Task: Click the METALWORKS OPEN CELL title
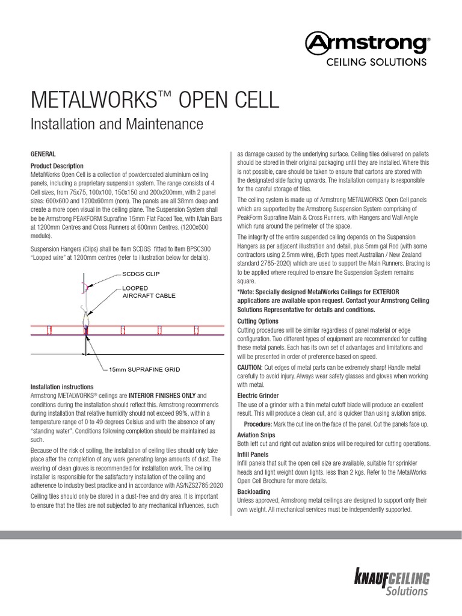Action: [x=155, y=100]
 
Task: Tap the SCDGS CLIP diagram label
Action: [x=143, y=274]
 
